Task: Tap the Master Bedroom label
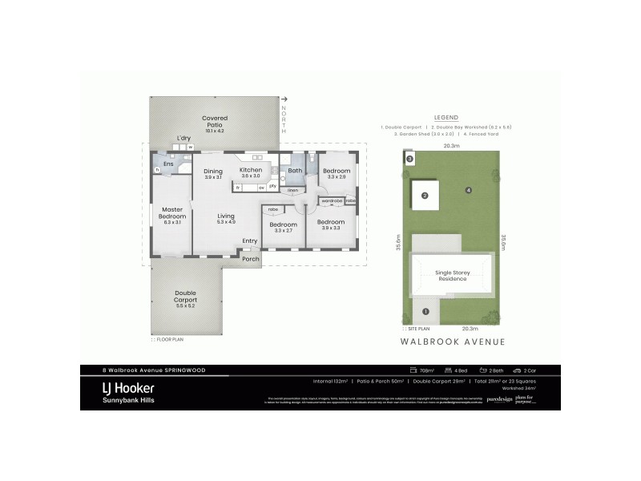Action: pos(173,213)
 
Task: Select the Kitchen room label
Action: pos(251,170)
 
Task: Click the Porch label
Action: pos(251,258)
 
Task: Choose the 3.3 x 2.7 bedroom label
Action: pos(283,226)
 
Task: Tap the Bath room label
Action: pos(295,170)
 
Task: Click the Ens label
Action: pos(168,164)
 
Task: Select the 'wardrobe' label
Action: pos(332,200)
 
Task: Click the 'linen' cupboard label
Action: pos(293,190)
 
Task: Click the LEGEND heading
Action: pos(445,117)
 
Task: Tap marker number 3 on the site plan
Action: pos(409,160)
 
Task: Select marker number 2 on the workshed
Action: pos(425,195)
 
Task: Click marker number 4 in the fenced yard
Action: pos(468,190)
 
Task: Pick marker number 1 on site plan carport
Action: pos(425,311)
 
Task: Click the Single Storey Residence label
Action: pos(452,277)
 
